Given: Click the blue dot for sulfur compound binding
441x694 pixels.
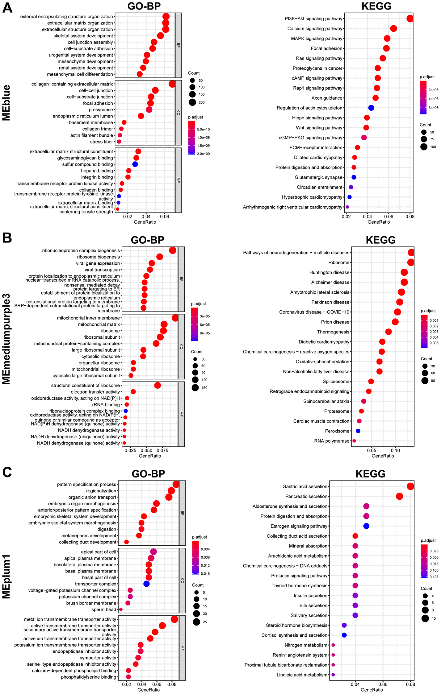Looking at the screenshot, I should click(x=135, y=164).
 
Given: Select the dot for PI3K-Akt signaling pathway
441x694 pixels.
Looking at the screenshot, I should click(x=410, y=19).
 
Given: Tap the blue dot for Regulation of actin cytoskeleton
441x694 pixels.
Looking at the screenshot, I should click(x=371, y=108).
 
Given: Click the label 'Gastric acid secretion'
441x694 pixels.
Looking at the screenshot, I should click(x=305, y=486).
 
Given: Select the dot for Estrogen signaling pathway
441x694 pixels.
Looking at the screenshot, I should click(x=366, y=526).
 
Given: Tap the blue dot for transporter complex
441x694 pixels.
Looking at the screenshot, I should click(x=146, y=584).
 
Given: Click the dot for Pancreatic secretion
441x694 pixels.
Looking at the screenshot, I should click(x=399, y=496).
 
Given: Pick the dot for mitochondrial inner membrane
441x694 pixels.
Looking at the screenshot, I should click(x=175, y=318).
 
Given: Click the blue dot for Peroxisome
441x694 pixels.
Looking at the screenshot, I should click(x=358, y=431).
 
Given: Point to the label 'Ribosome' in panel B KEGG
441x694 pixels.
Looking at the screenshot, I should click(x=339, y=262).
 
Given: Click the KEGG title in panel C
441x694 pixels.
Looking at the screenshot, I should click(x=370, y=473).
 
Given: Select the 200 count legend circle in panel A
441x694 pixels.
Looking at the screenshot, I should click(x=192, y=102).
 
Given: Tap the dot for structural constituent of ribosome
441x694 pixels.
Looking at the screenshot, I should click(x=157, y=385).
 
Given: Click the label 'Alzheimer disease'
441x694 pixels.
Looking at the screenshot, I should click(x=330, y=282).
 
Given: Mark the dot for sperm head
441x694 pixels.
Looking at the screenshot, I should click(x=121, y=609).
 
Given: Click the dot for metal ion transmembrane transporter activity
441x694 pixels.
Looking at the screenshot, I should click(x=174, y=619).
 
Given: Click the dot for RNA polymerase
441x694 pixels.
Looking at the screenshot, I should click(x=354, y=441).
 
